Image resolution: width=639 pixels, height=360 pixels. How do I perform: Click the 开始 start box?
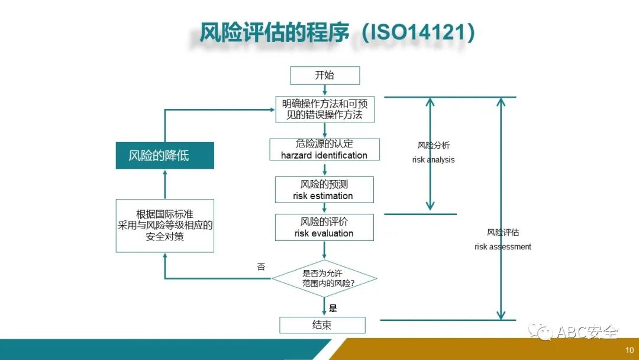[324, 75]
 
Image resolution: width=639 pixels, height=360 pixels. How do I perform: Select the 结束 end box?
[322, 325]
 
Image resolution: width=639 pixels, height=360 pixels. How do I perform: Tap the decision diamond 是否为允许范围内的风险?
[324, 278]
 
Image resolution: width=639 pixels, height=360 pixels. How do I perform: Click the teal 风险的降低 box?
[164, 156]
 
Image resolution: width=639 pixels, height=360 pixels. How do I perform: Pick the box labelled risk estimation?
[324, 190]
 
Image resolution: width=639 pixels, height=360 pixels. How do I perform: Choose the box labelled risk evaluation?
[324, 227]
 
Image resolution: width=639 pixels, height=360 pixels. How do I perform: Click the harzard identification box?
[324, 149]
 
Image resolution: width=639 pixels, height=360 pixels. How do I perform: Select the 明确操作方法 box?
[324, 110]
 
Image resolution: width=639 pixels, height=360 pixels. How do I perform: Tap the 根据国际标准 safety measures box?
[164, 226]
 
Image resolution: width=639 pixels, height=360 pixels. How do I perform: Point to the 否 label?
[261, 267]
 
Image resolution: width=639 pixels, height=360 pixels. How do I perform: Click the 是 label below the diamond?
[333, 308]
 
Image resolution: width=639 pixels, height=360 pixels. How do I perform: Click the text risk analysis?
[434, 160]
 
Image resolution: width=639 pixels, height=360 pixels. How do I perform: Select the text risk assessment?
[503, 246]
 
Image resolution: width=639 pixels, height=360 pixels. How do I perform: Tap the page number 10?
[630, 349]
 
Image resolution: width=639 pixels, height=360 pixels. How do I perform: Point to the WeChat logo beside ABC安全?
[541, 332]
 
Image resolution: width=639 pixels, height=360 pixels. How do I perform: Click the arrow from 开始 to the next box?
[324, 90]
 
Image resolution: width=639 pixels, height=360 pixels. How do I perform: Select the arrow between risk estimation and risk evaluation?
[324, 208]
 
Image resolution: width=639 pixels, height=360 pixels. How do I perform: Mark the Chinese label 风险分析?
[434, 146]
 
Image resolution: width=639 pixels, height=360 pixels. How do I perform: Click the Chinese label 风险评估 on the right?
[503, 233]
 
